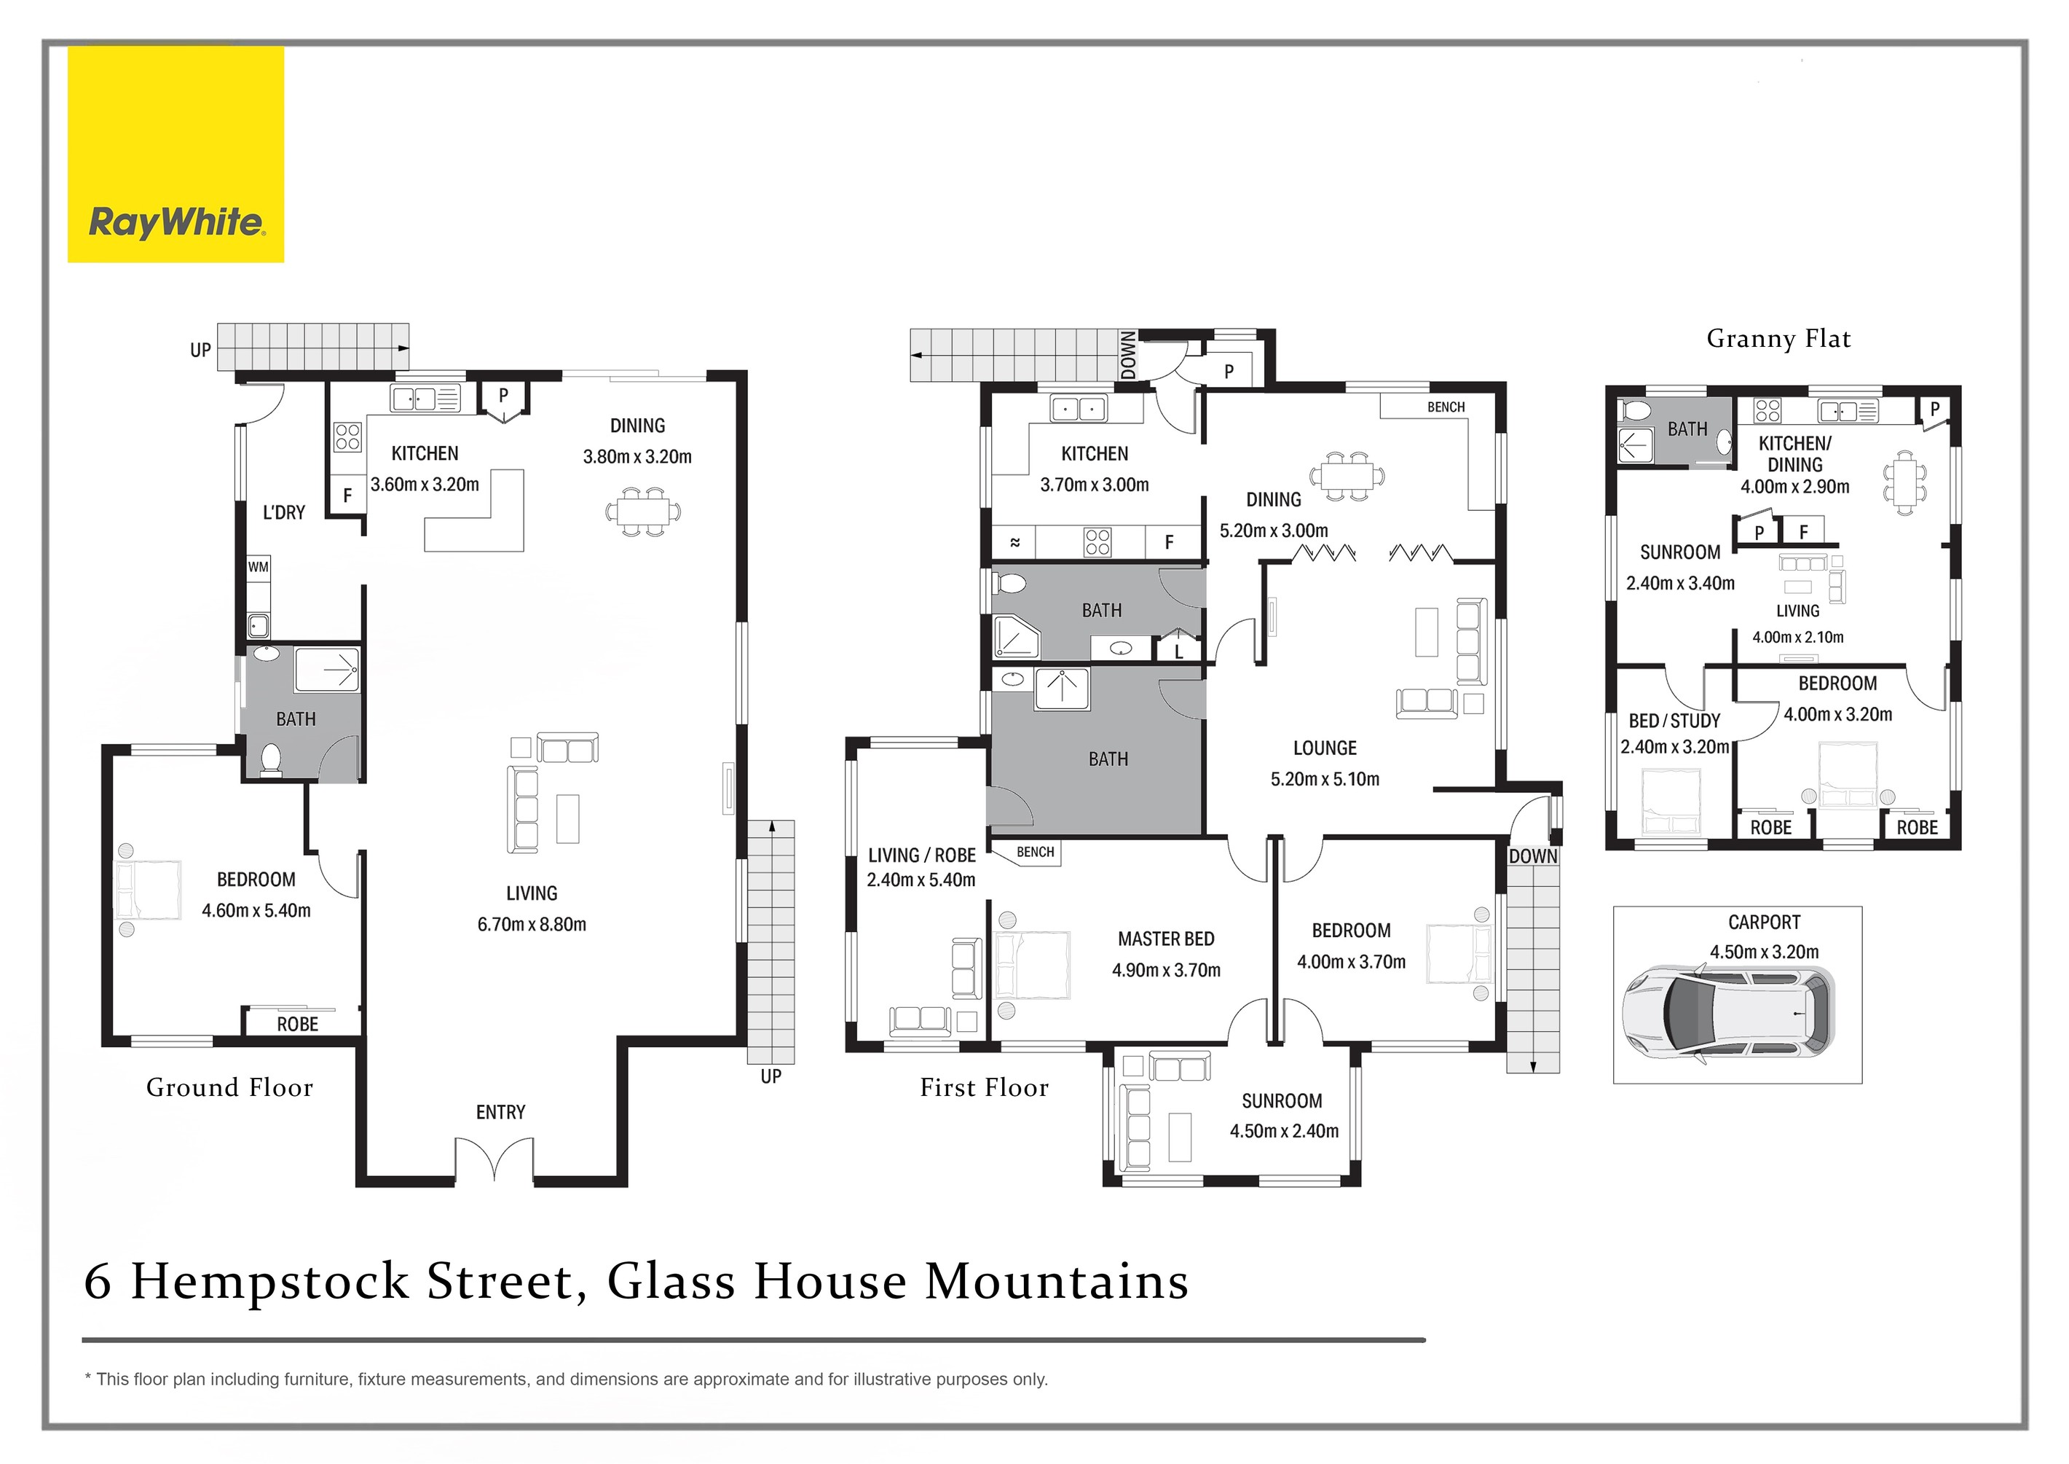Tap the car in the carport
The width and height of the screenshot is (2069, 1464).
1727,1012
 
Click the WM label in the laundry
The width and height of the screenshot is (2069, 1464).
259,567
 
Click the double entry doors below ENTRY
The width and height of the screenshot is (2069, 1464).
494,1159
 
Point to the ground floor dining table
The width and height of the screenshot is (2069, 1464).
642,512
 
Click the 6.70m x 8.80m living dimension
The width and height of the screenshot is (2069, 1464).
532,924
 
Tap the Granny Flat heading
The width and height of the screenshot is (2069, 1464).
1778,339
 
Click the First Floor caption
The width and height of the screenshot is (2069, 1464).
984,1087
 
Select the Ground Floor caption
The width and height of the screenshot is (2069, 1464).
230,1087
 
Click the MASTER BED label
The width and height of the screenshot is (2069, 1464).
1165,939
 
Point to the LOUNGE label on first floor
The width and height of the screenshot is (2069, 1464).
1324,748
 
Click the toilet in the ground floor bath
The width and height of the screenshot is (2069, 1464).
270,759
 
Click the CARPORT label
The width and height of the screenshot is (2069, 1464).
1764,923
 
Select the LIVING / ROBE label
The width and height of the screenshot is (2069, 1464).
921,856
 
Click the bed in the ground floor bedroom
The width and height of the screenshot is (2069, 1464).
149,890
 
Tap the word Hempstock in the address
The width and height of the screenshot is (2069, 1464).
270,1281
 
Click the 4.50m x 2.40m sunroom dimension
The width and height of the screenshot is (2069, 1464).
1283,1130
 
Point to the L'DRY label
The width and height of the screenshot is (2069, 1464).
284,513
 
